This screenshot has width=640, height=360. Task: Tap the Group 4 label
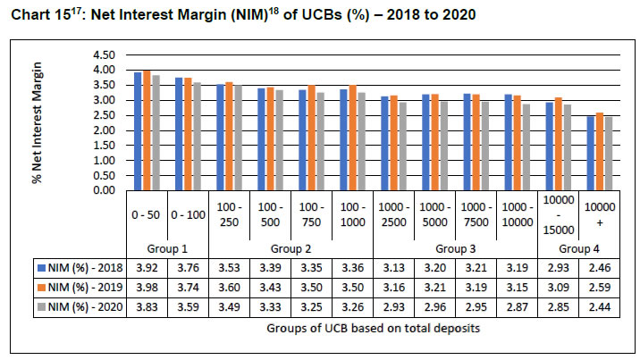pyautogui.click(x=577, y=247)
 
